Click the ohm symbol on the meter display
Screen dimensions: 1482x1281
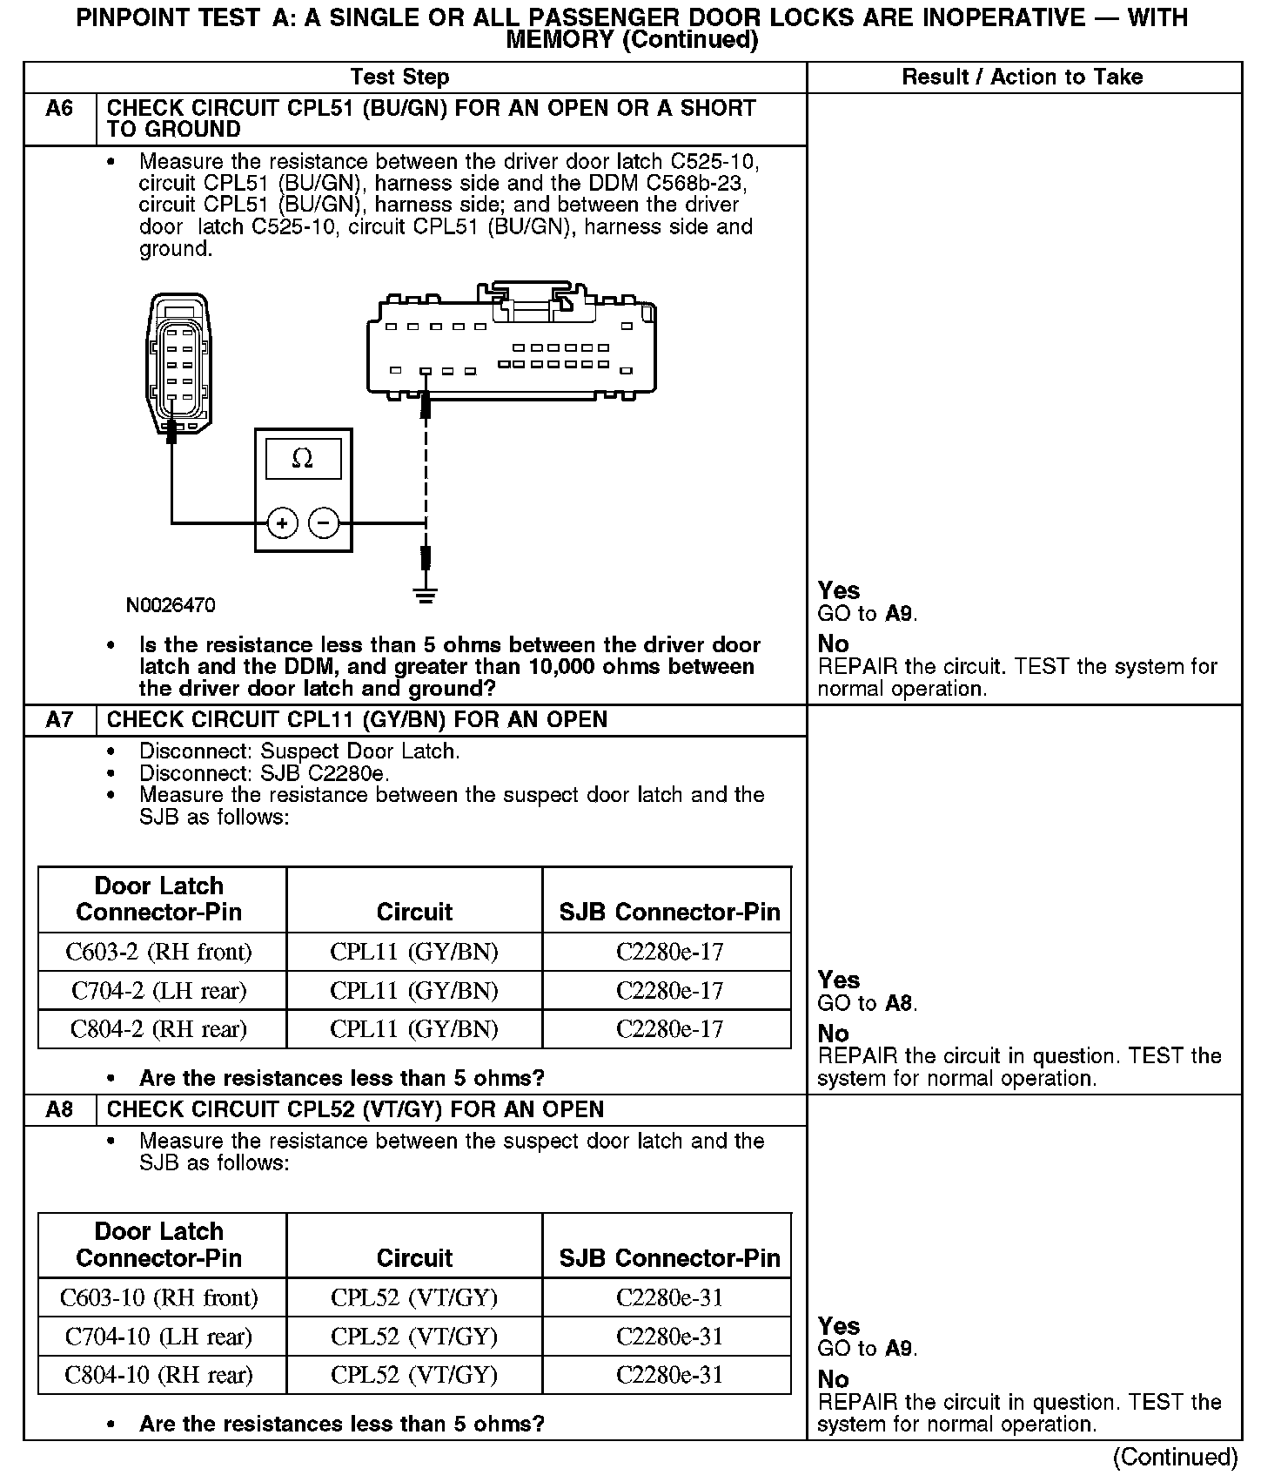click(x=302, y=458)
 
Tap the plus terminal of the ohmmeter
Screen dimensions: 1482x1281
click(x=282, y=522)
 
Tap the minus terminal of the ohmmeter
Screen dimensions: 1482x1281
click(x=324, y=522)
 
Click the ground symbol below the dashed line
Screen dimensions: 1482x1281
click(x=426, y=596)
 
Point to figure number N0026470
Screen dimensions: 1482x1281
click(x=171, y=605)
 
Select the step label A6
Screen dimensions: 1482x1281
click(x=59, y=109)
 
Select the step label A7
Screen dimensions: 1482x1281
click(x=59, y=720)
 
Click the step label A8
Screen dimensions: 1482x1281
click(x=59, y=1109)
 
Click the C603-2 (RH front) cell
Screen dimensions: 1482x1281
click(x=159, y=952)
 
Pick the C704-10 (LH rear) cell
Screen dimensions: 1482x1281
click(x=159, y=1337)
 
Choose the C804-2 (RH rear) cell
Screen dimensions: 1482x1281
click(x=159, y=1029)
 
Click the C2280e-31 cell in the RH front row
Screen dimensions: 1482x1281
click(x=669, y=1297)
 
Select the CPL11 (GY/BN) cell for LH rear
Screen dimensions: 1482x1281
click(x=414, y=991)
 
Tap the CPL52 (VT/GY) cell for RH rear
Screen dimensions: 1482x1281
click(x=414, y=1375)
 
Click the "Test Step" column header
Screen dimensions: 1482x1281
click(x=399, y=77)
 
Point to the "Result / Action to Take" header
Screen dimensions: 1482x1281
click(x=1022, y=77)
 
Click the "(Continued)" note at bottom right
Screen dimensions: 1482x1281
click(x=1175, y=1457)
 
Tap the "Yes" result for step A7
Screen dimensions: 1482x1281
click(x=839, y=980)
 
